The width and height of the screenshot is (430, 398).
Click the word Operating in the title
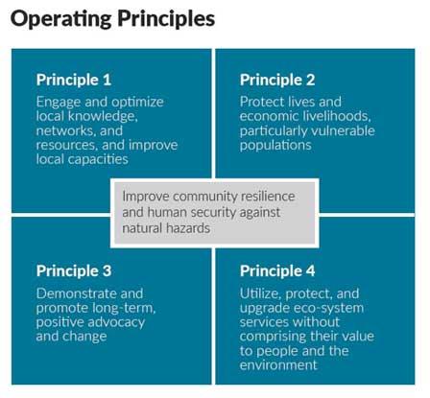(x=61, y=19)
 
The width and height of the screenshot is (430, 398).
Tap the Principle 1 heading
(x=74, y=80)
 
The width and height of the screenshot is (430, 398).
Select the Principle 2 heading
(x=277, y=80)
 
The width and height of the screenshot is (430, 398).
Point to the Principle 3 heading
(x=74, y=271)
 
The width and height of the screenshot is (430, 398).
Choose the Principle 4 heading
(x=277, y=271)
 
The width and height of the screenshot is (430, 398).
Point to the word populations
(x=275, y=146)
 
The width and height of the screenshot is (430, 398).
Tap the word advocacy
(x=117, y=322)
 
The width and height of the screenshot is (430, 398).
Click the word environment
(x=278, y=365)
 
